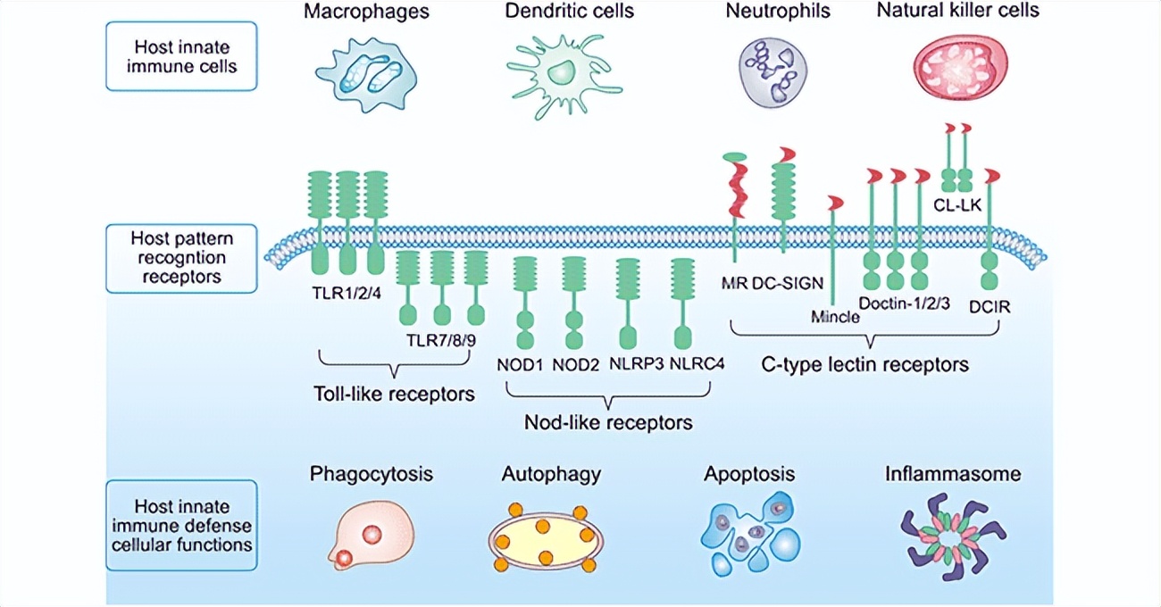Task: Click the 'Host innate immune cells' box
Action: pos(181,56)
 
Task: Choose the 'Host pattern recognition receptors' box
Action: pos(181,258)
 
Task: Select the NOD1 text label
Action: pos(520,364)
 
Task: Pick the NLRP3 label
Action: pos(633,364)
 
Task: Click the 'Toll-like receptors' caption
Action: pos(394,393)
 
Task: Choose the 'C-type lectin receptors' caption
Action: pos(864,364)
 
